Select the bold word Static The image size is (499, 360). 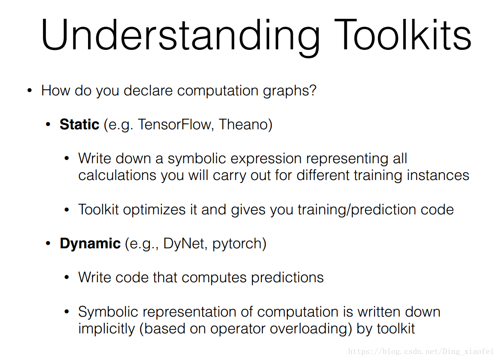point(79,124)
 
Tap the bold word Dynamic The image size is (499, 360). point(90,244)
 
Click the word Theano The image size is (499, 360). point(243,124)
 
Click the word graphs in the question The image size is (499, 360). point(287,91)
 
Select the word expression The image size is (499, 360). point(266,159)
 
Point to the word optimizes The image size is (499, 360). point(154,210)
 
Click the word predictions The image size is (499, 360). point(287,278)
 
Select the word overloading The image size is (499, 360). point(308,329)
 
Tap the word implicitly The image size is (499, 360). point(106,329)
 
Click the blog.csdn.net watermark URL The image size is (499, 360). point(420,351)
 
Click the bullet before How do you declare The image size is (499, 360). point(30,91)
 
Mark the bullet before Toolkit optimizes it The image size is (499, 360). point(67,210)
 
